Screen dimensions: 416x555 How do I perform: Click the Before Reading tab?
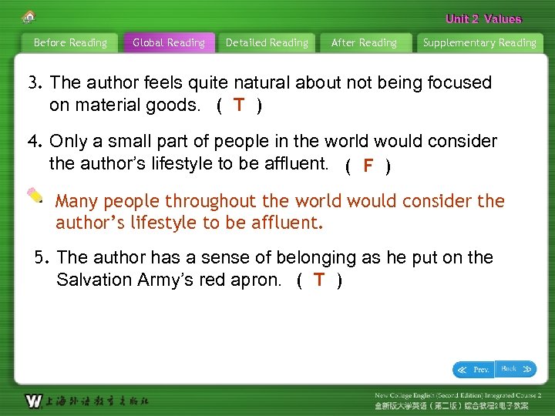coord(70,43)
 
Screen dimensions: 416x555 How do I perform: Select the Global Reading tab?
coord(169,43)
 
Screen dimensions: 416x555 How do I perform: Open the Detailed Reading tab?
coord(267,43)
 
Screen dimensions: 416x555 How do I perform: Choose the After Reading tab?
coord(364,43)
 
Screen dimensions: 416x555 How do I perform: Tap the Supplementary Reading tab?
coord(479,43)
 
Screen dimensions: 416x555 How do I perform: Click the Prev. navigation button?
coord(473,370)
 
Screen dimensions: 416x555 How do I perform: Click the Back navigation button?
coord(516,369)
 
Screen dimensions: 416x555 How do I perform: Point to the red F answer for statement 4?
coord(368,165)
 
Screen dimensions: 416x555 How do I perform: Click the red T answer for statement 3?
coord(240,106)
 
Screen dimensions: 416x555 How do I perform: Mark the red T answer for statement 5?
coord(319,280)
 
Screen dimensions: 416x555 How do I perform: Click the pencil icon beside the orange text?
coord(35,195)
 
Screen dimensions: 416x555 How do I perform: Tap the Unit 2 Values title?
coord(483,19)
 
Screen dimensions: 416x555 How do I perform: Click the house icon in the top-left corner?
coord(29,17)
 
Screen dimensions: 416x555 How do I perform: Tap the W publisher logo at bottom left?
coord(33,401)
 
